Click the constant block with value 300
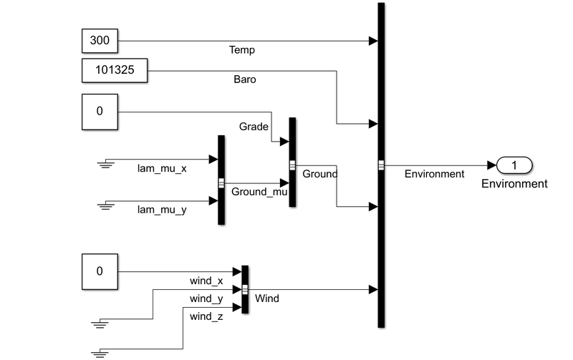(100, 42)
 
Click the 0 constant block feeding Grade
(100, 112)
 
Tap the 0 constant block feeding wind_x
(100, 271)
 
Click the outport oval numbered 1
(514, 166)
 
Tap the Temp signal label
(241, 51)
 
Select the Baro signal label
(244, 79)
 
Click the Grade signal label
(254, 127)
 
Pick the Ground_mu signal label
(259, 192)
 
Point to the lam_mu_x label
(162, 169)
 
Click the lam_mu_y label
(162, 210)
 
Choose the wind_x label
(206, 281)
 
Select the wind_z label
(206, 316)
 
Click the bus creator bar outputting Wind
(245, 289)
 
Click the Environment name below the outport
(514, 184)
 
